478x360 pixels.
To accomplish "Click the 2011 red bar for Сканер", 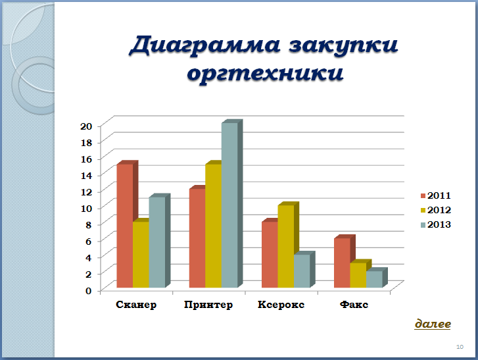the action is (x=125, y=226).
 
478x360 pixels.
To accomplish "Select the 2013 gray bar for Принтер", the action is (x=229, y=205).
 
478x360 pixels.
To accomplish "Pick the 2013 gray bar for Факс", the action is (x=374, y=279).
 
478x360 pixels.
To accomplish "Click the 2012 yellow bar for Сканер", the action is (x=141, y=255).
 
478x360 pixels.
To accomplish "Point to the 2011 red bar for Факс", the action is (x=343, y=263).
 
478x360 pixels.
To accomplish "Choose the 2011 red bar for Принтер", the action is (x=197, y=238).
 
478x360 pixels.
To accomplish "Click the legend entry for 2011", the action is (x=436, y=195).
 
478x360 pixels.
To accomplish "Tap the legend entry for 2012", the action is (x=436, y=210).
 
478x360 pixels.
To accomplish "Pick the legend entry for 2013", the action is (x=436, y=224).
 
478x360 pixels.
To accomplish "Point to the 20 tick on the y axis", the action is (x=86, y=126).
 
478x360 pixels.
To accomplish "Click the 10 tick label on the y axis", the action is (x=86, y=209).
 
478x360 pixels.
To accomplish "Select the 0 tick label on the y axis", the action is (x=88, y=291).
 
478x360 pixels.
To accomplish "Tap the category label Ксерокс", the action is (x=281, y=305).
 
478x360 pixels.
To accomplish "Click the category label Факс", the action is (x=354, y=305).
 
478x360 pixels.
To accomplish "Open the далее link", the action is (x=433, y=324).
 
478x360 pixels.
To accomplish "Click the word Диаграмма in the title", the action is (x=204, y=45).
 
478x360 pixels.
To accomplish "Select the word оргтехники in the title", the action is (x=265, y=73).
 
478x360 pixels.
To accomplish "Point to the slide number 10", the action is (x=460, y=347).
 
